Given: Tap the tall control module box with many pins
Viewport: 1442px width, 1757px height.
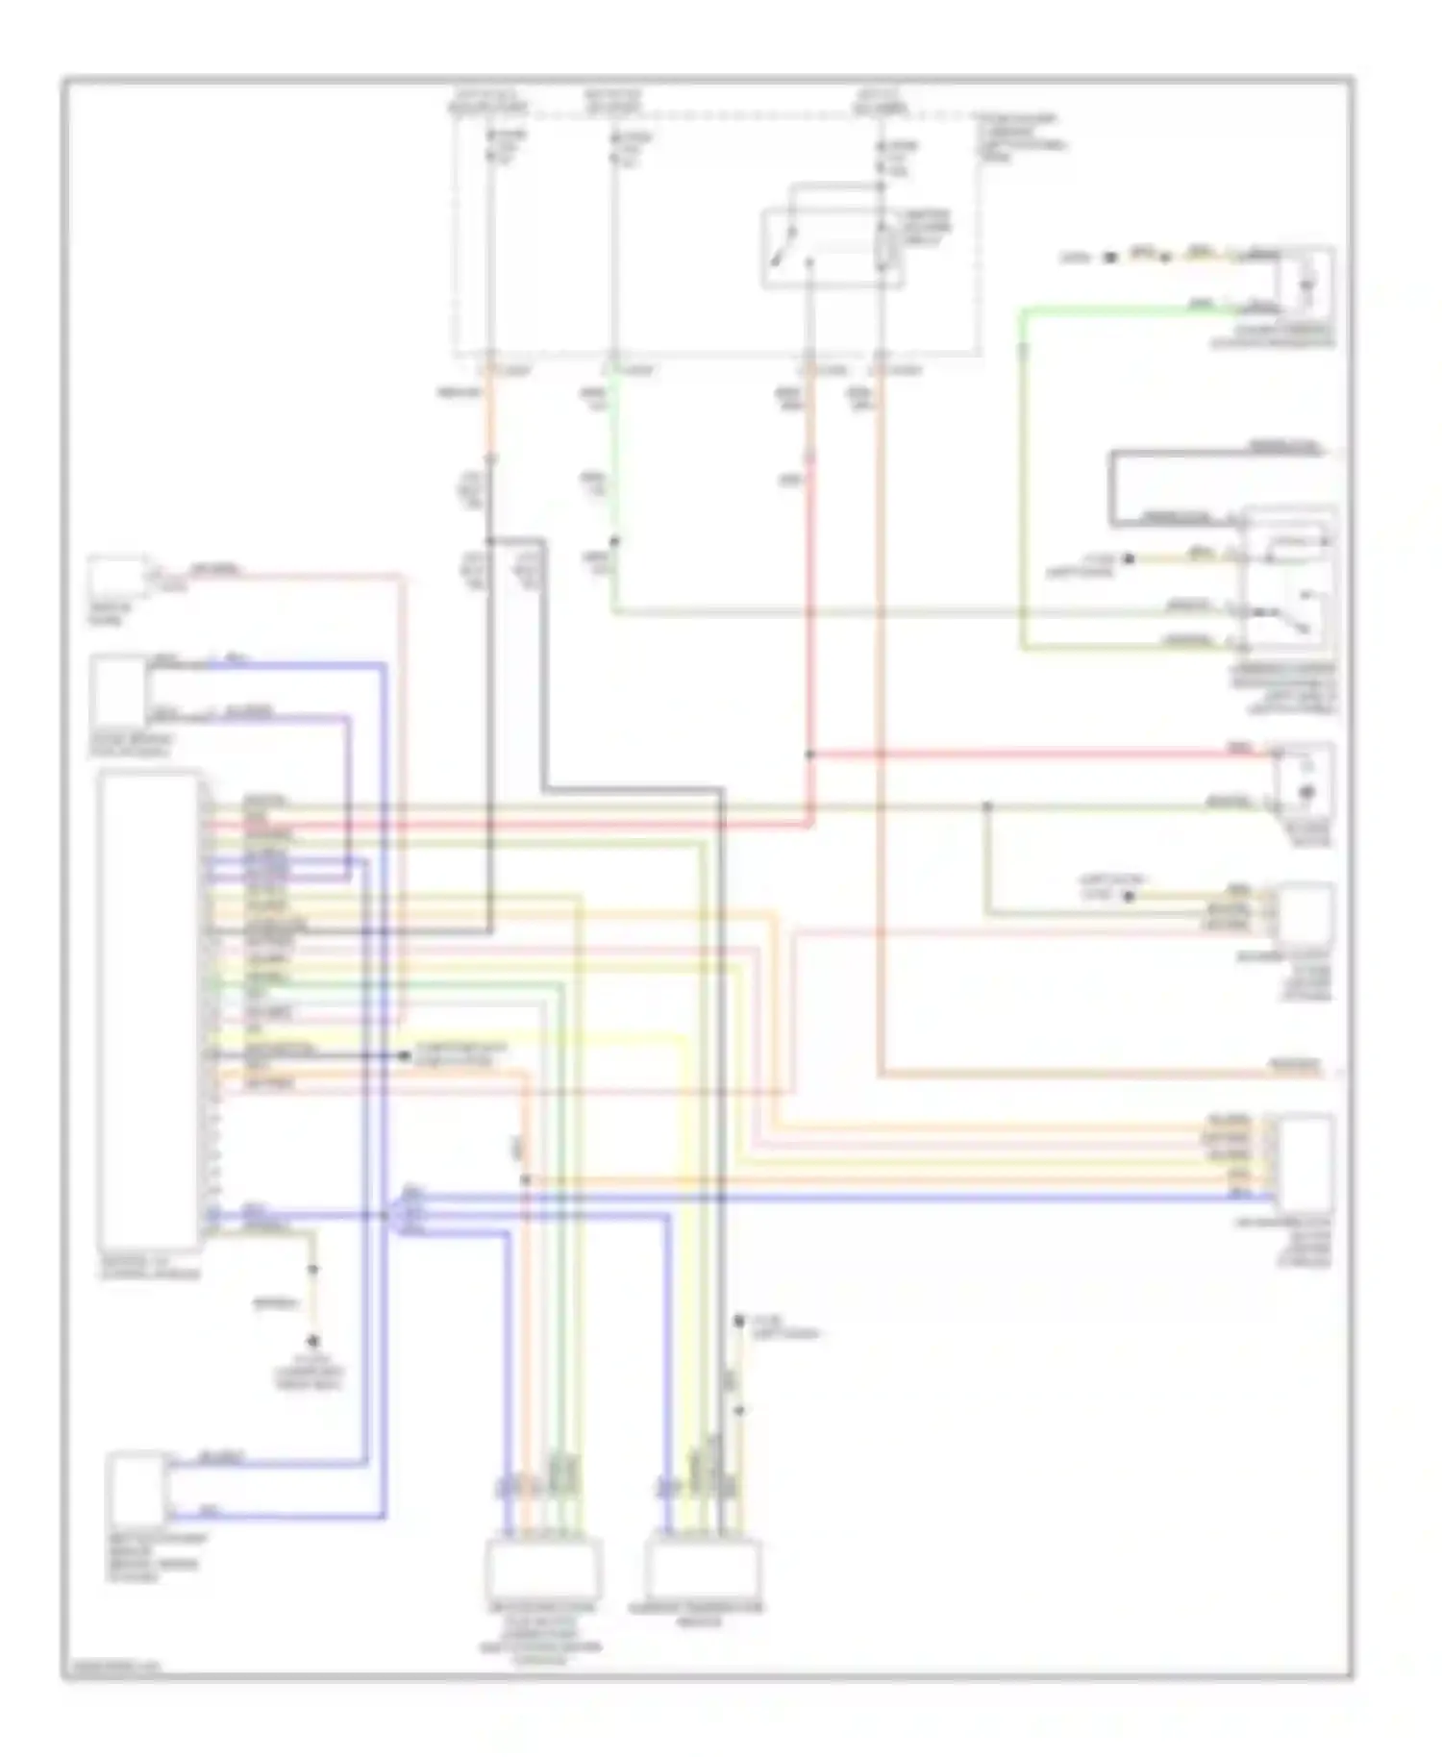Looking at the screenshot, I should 150,1009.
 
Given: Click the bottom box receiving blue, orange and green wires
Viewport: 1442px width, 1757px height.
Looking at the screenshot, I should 543,1568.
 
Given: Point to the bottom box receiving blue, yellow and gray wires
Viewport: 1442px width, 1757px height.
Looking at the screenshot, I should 703,1568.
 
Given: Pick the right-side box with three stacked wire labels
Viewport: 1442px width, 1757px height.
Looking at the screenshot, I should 1305,913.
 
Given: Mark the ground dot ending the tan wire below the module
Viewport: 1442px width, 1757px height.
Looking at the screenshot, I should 312,1342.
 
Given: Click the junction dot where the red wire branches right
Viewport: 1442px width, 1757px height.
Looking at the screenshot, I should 809,755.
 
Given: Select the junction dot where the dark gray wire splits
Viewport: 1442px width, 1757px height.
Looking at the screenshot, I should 489,541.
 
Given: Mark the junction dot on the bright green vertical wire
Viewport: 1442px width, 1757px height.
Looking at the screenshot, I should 614,541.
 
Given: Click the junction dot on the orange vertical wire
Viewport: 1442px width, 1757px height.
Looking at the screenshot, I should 526,1179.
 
